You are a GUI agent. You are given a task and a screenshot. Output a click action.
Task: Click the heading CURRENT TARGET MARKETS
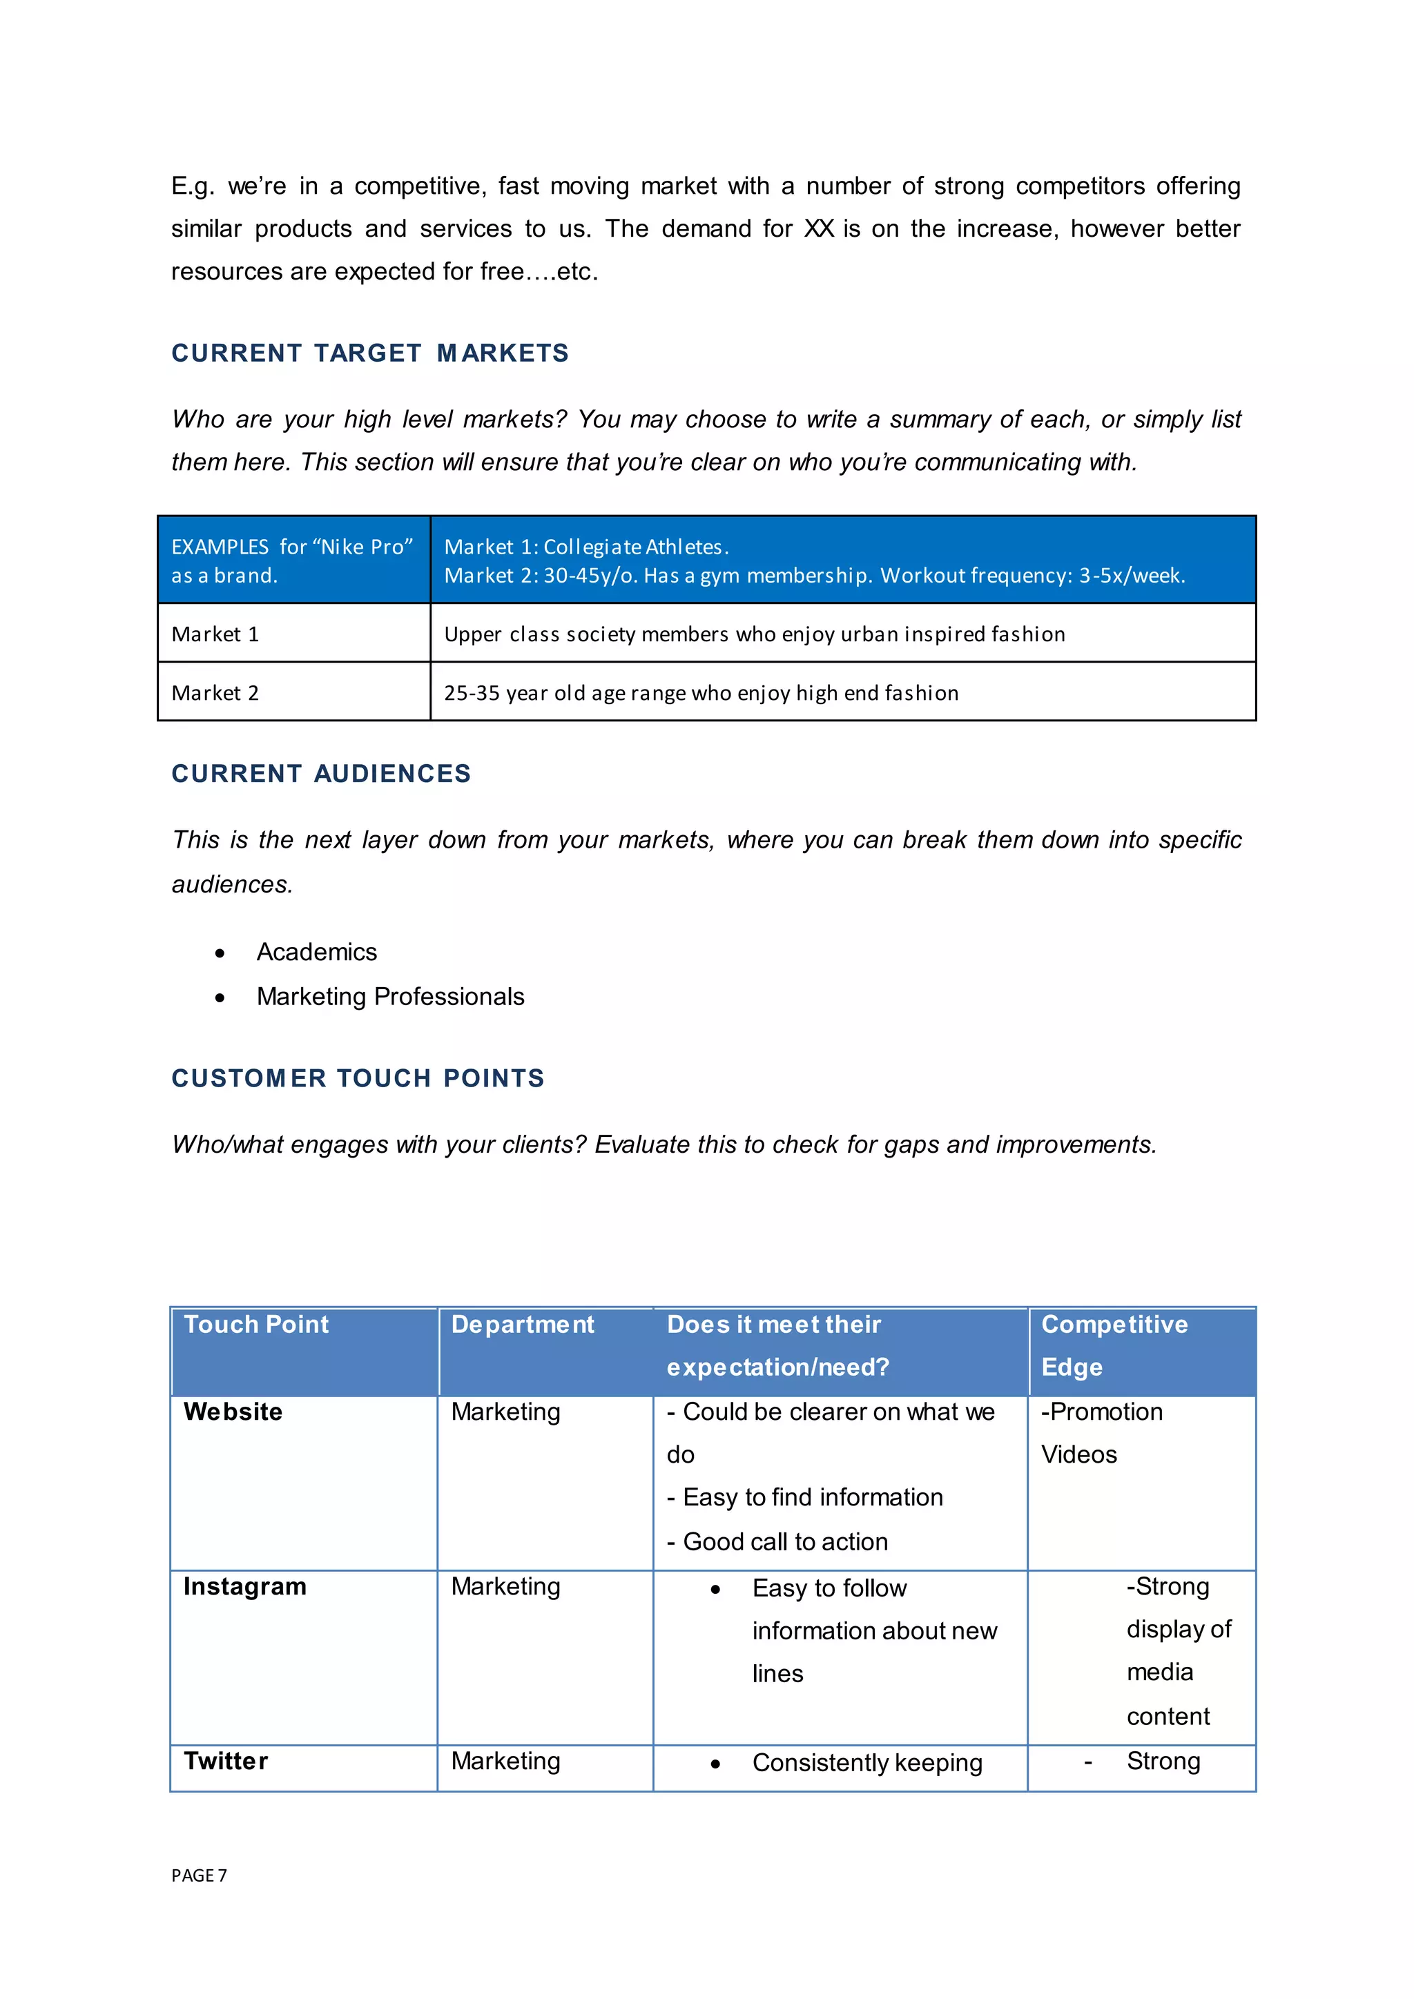369,353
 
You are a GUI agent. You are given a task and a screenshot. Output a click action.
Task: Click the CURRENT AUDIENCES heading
320,773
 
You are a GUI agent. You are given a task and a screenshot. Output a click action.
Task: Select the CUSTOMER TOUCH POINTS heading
357,1078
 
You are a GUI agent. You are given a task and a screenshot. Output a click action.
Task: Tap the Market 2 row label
215,693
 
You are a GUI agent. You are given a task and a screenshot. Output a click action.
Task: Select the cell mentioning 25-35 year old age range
701,693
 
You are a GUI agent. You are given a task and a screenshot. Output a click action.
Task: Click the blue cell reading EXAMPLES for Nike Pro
291,560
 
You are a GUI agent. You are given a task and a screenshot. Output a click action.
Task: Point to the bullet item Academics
316,952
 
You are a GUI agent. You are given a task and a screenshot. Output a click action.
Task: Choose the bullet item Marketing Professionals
390,996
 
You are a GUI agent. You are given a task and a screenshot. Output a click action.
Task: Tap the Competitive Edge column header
1114,1345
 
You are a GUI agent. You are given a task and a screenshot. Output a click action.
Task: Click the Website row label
233,1412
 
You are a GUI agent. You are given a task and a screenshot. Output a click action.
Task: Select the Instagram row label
244,1586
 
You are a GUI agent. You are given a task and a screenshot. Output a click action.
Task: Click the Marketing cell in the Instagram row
505,1586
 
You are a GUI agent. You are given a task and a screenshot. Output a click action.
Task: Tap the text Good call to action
784,1541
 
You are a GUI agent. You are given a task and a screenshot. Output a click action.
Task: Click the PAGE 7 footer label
199,1875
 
